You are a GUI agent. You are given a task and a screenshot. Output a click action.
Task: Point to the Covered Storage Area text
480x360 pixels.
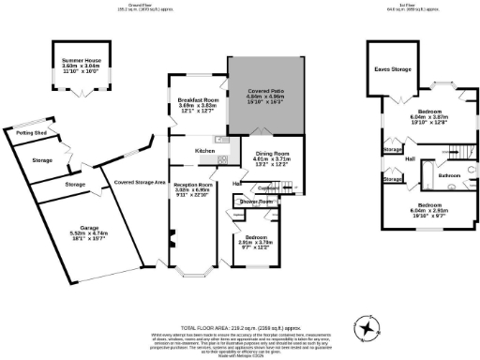140,182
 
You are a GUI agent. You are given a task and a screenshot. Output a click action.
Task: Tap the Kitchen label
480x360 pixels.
206,150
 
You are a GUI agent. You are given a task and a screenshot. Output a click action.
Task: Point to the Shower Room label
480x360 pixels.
254,202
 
